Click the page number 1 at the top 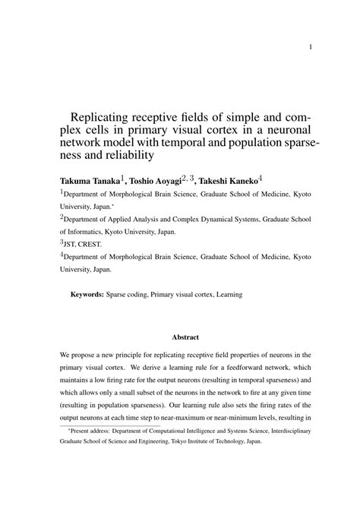pyautogui.click(x=311, y=46)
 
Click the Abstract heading pyautogui.click(x=185, y=336)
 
